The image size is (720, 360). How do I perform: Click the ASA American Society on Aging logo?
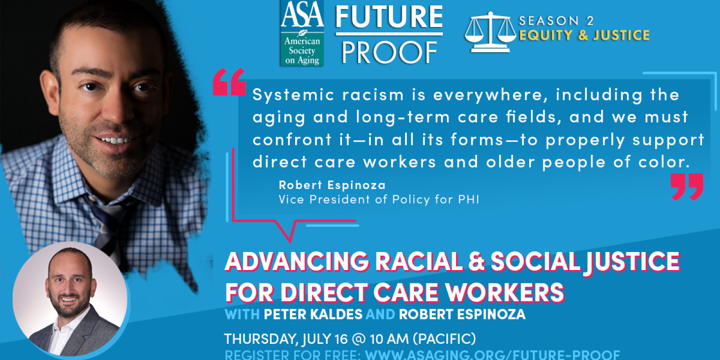click(x=301, y=34)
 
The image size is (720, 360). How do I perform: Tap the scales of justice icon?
click(x=490, y=32)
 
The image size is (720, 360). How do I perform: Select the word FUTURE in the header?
click(x=389, y=17)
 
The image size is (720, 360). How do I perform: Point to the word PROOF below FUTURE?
click(x=389, y=53)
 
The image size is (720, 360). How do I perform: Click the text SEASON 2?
click(x=556, y=21)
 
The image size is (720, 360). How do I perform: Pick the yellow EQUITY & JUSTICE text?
click(x=584, y=35)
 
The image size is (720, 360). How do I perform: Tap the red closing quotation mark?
click(x=687, y=187)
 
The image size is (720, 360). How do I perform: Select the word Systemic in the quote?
click(x=293, y=95)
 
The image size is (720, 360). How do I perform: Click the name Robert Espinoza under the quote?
click(x=332, y=185)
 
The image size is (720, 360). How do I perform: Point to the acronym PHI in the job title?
click(x=468, y=199)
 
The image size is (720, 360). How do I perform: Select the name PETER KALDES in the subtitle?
click(x=313, y=314)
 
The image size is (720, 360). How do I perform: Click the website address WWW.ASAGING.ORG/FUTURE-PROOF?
click(x=492, y=355)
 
